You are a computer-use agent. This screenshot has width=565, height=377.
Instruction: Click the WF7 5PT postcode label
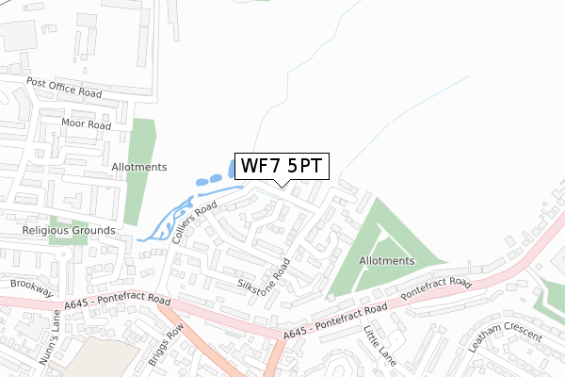[x=282, y=166]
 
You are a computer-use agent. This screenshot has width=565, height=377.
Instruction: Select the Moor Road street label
[x=86, y=124]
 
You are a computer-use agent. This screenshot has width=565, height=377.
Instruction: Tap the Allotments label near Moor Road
[x=139, y=167]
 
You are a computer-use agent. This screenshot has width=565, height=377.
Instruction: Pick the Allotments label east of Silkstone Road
[x=386, y=260]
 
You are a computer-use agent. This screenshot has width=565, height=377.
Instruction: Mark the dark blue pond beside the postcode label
[x=233, y=170]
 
